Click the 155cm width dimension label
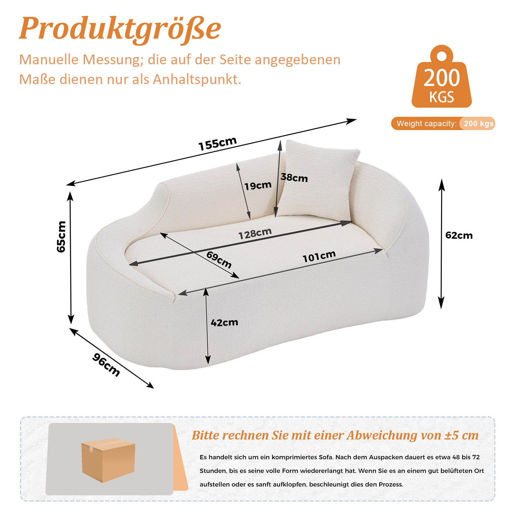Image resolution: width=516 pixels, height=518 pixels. click(218, 144)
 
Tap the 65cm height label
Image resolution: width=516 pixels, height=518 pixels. click(61, 236)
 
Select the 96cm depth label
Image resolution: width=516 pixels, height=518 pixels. click(106, 365)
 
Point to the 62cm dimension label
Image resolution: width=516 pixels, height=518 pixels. click(459, 235)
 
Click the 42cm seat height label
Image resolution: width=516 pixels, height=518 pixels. click(224, 322)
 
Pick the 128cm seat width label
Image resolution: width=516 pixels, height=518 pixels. click(255, 233)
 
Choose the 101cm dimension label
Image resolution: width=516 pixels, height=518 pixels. click(319, 256)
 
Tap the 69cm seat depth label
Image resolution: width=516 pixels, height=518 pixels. click(219, 260)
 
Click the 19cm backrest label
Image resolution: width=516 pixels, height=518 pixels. click(258, 186)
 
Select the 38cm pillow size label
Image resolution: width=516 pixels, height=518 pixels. click(294, 177)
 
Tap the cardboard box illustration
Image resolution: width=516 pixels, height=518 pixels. click(108, 460)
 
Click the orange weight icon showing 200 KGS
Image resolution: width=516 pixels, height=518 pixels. click(441, 77)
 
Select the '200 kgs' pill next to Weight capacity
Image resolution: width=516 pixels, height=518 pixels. click(477, 124)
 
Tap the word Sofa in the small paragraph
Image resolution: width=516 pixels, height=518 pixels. click(326, 457)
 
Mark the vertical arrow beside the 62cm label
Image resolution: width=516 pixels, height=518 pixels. click(441, 244)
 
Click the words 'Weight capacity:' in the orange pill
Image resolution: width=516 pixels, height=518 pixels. click(426, 124)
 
